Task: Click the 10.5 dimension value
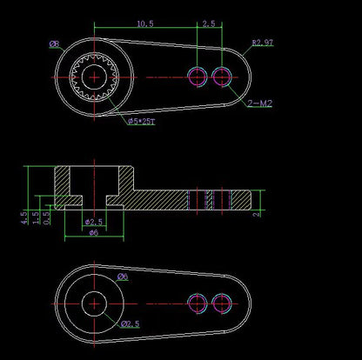coord(144,24)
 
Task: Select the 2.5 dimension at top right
coord(209,24)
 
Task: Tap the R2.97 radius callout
coord(263,42)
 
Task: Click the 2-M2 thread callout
coord(258,103)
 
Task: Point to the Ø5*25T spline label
coord(141,123)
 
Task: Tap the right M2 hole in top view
coord(224,77)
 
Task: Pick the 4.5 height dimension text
coord(23,217)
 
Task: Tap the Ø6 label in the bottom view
coord(123,277)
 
